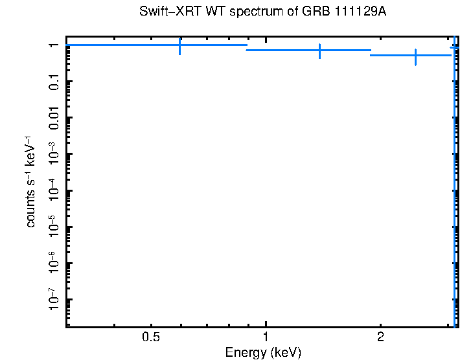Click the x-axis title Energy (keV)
[x=262, y=353]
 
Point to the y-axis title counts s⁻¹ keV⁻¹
[x=31, y=181]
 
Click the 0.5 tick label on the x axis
[x=151, y=337]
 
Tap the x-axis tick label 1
[x=266, y=337]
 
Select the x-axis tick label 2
[x=380, y=337]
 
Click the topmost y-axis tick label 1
[x=54, y=45]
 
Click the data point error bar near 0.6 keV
[x=179, y=46]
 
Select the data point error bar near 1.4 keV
[x=320, y=51]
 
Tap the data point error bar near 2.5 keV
[x=415, y=56]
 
